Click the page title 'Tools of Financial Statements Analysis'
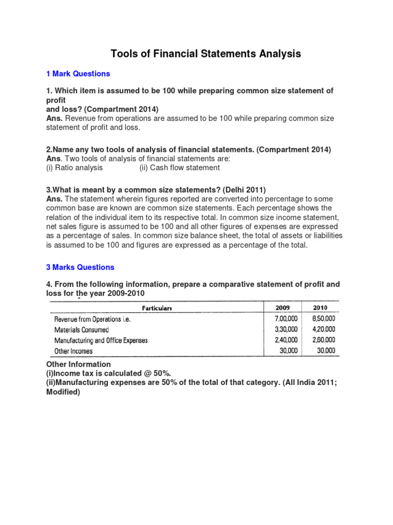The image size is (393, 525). point(206,53)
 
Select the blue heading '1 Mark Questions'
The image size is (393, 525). point(78,74)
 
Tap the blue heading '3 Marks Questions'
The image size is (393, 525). point(80,267)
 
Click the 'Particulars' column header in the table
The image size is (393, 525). point(156,308)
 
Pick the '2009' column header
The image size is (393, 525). point(282,308)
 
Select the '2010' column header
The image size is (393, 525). point(320,308)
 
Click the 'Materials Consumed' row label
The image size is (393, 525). point(81,330)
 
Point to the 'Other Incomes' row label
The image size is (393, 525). point(74,351)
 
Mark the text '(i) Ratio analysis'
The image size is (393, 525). point(75,168)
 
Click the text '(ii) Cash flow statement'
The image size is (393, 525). point(180,168)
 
